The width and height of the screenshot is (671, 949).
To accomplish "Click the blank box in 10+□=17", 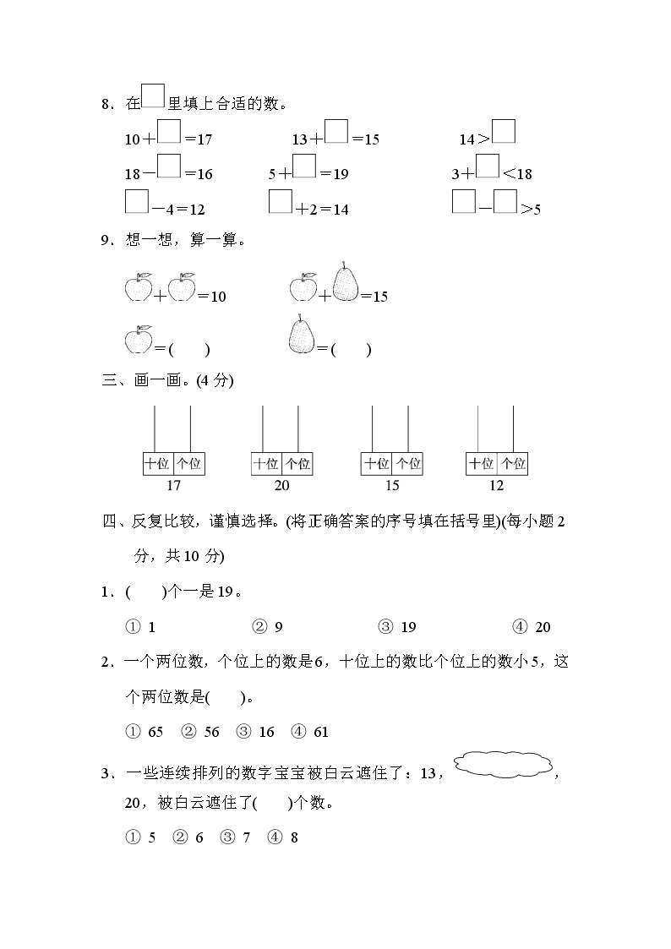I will [170, 134].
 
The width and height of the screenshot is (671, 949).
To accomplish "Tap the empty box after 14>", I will [504, 133].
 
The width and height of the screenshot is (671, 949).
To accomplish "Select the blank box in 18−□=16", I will [170, 167].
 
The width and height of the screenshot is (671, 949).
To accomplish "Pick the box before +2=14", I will [281, 203].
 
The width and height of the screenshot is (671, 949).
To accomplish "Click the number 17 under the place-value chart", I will [173, 485].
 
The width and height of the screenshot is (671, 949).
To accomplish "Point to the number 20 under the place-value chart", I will [281, 485].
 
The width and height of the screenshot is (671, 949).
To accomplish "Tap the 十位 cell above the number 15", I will [376, 464].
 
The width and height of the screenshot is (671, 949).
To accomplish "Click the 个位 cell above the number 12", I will [513, 464].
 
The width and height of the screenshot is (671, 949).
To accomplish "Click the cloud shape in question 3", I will [504, 766].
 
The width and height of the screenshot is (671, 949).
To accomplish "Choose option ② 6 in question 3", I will [189, 837].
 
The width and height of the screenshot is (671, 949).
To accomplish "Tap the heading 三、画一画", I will [167, 380].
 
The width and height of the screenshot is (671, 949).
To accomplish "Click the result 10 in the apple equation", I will [218, 297].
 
